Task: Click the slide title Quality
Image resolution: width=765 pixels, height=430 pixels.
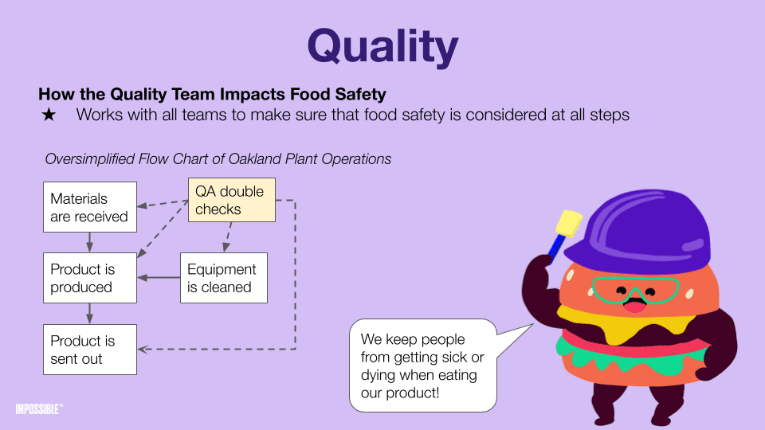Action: (x=383, y=47)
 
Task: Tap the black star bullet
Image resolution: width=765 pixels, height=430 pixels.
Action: (x=49, y=115)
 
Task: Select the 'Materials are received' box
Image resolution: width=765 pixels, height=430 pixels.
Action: (x=90, y=207)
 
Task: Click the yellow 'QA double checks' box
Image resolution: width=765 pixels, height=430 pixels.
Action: (x=232, y=200)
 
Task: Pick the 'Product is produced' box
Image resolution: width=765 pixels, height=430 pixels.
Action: (x=90, y=278)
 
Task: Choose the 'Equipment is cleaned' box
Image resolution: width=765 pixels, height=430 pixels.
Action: (x=224, y=278)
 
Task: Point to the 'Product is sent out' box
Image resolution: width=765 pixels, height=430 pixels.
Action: (x=90, y=350)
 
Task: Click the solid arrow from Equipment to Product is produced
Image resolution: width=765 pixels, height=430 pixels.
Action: (x=159, y=278)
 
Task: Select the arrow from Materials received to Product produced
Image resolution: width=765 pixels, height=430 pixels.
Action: (x=89, y=242)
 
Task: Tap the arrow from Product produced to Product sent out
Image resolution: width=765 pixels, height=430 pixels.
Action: (x=89, y=314)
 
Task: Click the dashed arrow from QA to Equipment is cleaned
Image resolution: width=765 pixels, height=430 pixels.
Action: (x=227, y=237)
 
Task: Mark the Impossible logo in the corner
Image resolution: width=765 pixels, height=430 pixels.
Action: (x=39, y=409)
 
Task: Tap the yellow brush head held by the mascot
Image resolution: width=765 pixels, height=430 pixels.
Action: (x=569, y=223)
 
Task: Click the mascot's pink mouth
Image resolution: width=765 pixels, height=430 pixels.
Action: (x=634, y=307)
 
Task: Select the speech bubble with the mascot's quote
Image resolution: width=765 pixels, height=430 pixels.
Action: (x=423, y=365)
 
